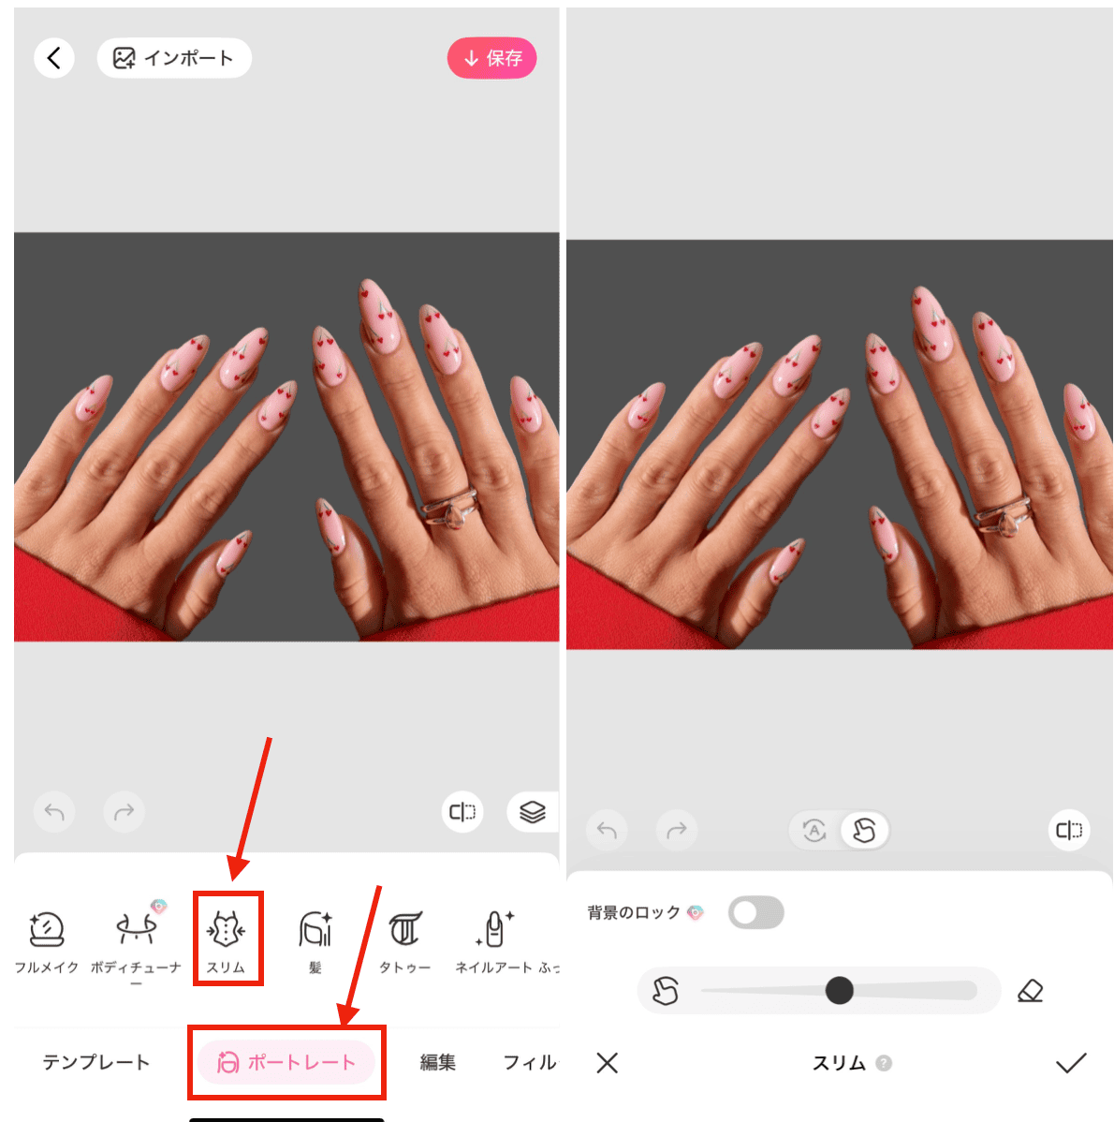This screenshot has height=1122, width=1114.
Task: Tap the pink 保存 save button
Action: pos(491,58)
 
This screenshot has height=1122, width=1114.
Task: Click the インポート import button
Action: pos(174,58)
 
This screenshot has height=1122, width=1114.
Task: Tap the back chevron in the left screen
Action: pos(54,58)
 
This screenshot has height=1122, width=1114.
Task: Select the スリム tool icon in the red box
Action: pos(226,931)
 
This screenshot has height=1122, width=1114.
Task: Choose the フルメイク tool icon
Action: pos(46,931)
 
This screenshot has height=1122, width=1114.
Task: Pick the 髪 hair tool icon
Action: pos(315,930)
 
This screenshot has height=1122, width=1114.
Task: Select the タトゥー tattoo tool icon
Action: pos(404,930)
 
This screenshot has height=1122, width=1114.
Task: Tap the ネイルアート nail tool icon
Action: pos(494,930)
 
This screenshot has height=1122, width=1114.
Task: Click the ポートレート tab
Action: pos(286,1062)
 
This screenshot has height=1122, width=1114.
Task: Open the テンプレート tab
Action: pos(95,1062)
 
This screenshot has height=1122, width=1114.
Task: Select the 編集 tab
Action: pos(437,1062)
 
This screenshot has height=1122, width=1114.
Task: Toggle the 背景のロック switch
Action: pos(755,912)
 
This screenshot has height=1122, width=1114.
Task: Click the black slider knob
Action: pos(839,990)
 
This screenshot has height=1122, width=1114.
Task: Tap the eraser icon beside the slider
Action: pos(1030,990)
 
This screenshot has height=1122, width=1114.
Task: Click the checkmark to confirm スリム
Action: pos(1070,1063)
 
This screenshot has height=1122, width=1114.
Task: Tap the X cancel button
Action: pos(608,1063)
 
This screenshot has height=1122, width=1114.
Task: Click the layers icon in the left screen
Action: pos(532,812)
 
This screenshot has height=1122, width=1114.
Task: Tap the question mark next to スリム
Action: pos(884,1063)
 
